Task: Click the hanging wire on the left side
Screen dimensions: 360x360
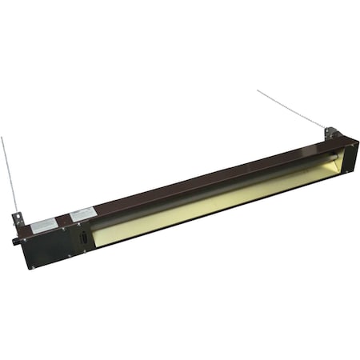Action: pos(10,176)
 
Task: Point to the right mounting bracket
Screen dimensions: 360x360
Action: pos(332,131)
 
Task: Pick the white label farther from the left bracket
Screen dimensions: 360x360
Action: pos(82,214)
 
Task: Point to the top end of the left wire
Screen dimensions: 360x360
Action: pos(2,138)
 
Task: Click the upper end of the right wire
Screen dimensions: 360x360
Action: pos(258,90)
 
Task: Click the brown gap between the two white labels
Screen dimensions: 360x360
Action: pos(62,219)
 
